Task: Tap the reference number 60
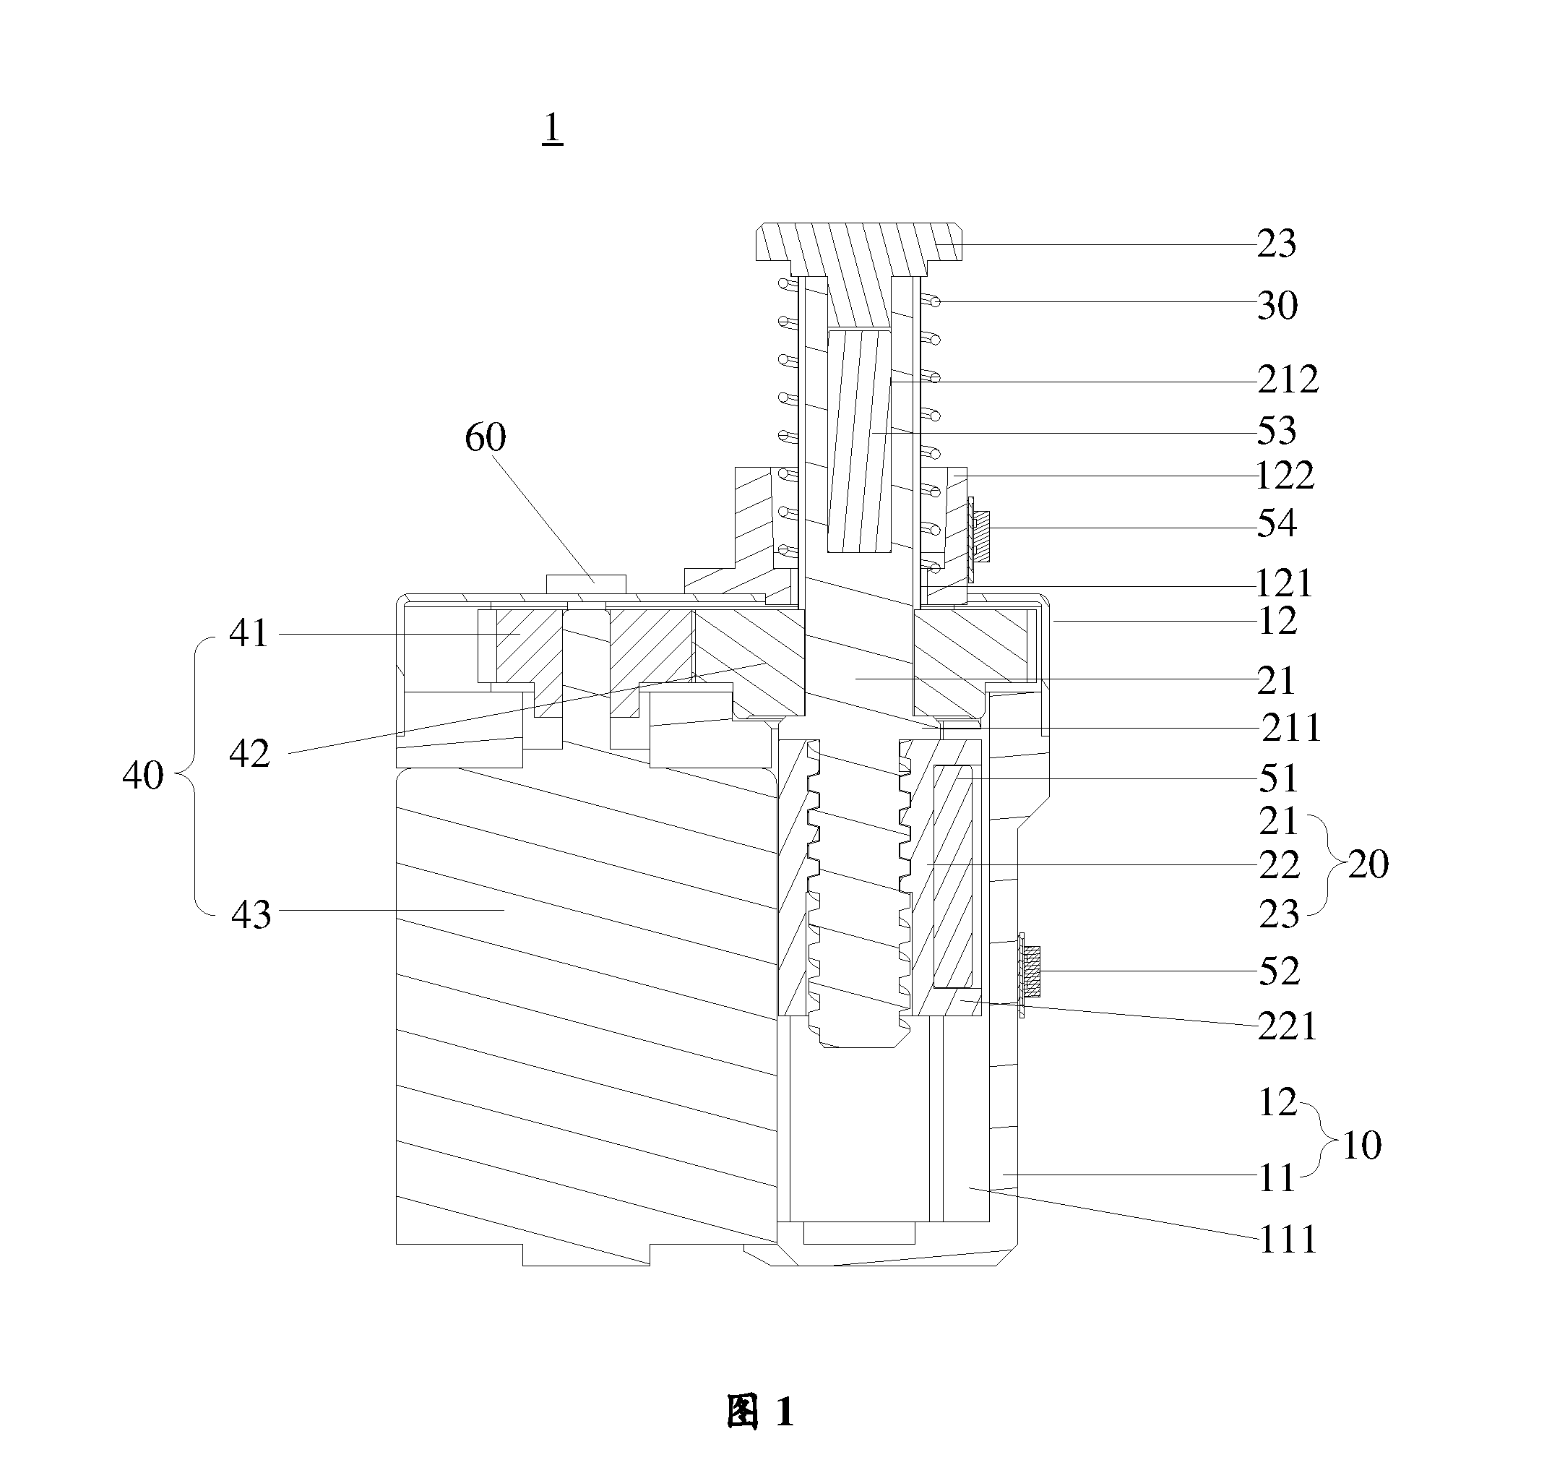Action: (485, 437)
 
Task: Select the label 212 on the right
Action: (1288, 380)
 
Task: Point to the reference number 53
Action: (1277, 431)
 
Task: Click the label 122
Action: (1285, 476)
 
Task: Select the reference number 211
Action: (1292, 729)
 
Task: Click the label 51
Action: (1278, 779)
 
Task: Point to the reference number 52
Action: (1279, 971)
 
